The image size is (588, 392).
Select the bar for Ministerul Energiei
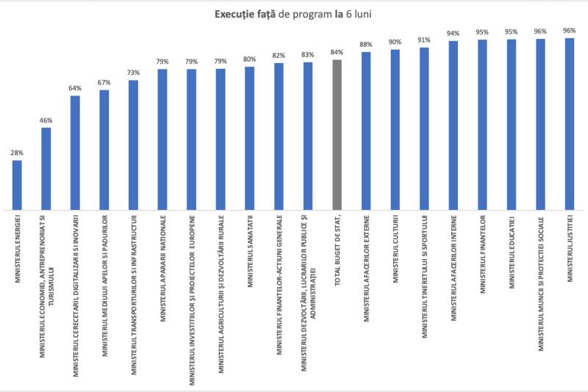[x=17, y=184]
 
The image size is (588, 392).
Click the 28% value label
[x=17, y=153]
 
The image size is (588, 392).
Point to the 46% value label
[x=46, y=120]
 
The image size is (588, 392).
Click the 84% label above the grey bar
[x=337, y=52]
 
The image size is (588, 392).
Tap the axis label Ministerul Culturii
[x=395, y=249]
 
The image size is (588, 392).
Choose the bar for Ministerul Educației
[x=512, y=124]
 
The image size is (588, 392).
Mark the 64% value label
[x=75, y=88]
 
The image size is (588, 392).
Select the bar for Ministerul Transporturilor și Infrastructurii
[x=133, y=144]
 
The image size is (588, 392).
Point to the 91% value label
[x=424, y=40]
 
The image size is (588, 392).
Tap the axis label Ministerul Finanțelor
[x=483, y=254]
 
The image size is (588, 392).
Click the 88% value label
[x=366, y=45]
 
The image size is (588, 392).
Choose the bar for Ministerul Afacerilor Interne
[x=453, y=125]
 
